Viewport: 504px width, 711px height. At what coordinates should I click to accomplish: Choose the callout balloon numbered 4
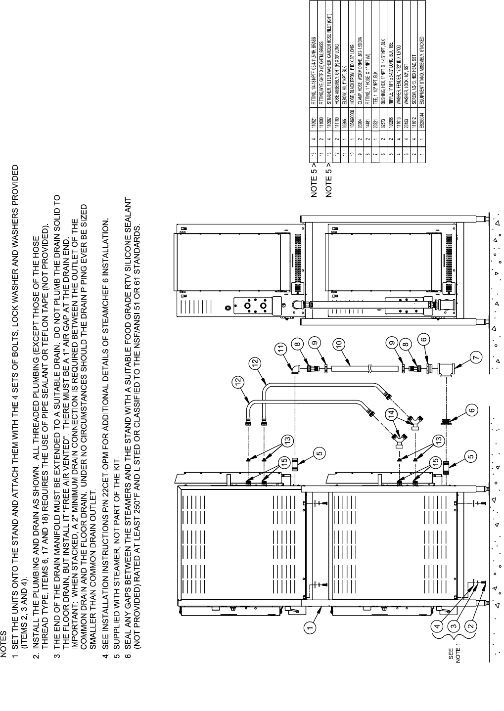click(437, 627)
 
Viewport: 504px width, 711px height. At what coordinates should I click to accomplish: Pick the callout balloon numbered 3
click(454, 627)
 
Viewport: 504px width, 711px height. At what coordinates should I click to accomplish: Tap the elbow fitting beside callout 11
click(295, 370)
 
